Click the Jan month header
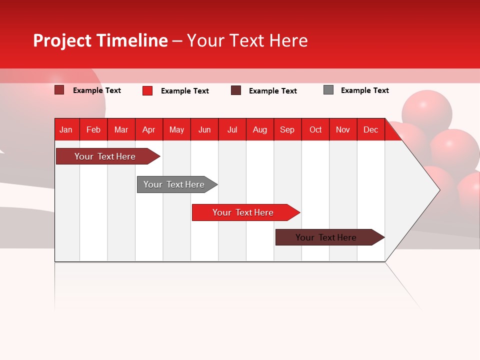click(66, 129)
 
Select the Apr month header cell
click(149, 129)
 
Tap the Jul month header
click(232, 129)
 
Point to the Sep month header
click(287, 129)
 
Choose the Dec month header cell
click(370, 129)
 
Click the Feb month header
click(93, 129)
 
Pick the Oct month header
click(315, 129)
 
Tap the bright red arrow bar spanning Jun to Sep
click(243, 212)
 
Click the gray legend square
click(328, 90)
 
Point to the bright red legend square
click(147, 90)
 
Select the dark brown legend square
click(236, 90)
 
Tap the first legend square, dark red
click(59, 90)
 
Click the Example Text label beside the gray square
click(364, 90)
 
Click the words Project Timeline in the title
click(100, 40)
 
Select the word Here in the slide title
click(288, 40)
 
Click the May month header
click(176, 129)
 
